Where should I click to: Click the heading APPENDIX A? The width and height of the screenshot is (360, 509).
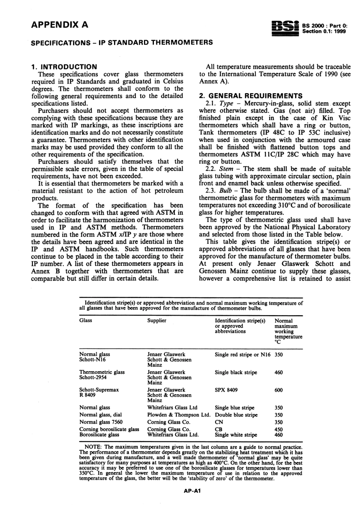59,25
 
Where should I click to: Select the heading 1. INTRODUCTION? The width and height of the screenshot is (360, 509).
64,67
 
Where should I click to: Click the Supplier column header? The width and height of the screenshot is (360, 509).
157,320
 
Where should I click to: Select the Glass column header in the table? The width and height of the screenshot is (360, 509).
86,320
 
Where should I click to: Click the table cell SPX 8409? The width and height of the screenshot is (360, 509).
226,390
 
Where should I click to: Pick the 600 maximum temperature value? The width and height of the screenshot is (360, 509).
279,390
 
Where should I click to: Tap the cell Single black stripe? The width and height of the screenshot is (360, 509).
236,372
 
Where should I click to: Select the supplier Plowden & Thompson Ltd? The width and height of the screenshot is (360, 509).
178,415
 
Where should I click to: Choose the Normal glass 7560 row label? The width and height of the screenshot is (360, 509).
101,422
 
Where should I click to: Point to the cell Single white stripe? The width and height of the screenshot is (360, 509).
236,435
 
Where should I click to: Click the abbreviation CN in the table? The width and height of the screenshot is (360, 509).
219,422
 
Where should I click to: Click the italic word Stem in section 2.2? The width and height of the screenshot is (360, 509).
226,169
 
